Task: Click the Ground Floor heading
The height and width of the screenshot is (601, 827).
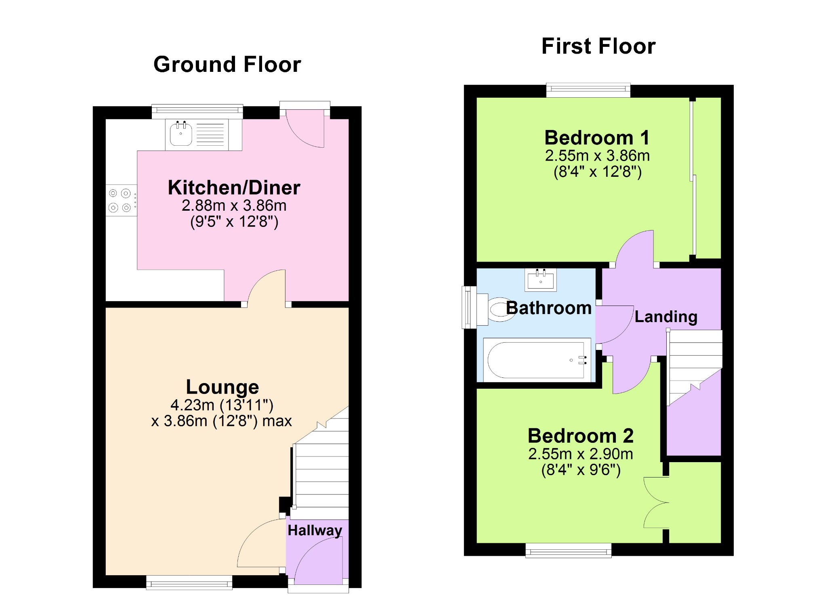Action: click(x=227, y=65)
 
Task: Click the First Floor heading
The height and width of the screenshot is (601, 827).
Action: click(x=598, y=46)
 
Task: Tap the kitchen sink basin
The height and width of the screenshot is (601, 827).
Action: click(x=181, y=134)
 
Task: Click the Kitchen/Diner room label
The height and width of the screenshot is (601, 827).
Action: click(x=234, y=188)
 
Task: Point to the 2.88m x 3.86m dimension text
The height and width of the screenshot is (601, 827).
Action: click(x=234, y=205)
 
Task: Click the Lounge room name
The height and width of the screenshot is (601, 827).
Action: click(x=222, y=387)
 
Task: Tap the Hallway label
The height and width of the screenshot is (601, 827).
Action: click(x=315, y=530)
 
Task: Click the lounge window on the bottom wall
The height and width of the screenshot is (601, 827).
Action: click(x=189, y=582)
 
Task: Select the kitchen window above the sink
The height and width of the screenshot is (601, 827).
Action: click(x=197, y=111)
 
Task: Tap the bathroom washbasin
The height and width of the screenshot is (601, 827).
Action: click(x=541, y=280)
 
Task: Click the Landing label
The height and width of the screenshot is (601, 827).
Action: click(x=666, y=317)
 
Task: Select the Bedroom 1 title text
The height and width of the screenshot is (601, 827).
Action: click(x=597, y=138)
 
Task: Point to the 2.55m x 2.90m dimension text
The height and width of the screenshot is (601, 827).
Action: click(x=581, y=454)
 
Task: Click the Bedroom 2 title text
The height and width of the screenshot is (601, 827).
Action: click(x=581, y=436)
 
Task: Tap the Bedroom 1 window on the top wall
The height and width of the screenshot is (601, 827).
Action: click(x=588, y=90)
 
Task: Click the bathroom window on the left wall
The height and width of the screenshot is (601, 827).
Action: click(x=469, y=307)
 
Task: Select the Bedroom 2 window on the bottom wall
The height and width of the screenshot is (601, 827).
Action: click(x=569, y=551)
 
